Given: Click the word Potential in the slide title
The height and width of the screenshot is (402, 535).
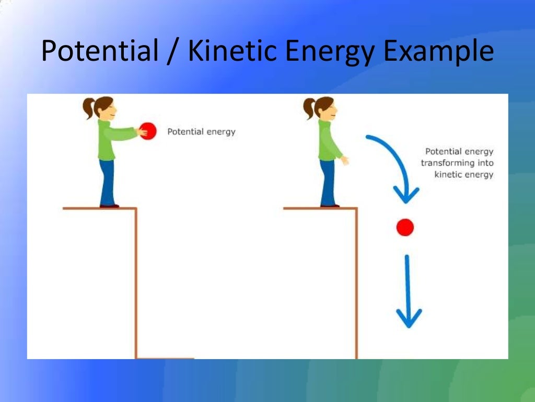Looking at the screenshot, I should pos(100,51).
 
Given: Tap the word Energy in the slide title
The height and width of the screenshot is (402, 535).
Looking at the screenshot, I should pos(335,51).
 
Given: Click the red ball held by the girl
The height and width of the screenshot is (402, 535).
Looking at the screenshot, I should pos(148,131).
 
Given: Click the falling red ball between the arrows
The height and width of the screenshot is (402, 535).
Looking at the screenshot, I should pos(405,227).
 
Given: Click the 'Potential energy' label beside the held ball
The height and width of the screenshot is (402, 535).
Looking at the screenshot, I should pos(201,131).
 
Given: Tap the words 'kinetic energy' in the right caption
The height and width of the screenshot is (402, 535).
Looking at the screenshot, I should pos(463,174).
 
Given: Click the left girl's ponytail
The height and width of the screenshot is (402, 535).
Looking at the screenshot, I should pos(88,108).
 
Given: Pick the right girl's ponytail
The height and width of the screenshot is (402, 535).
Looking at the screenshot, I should pos(309,108).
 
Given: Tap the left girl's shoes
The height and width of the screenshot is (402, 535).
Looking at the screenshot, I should pos(109,206).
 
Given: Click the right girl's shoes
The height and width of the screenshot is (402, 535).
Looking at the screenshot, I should pos(330,206).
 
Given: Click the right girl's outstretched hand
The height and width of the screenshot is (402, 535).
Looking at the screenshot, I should pos(344,160).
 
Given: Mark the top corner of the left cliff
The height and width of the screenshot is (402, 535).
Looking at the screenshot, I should pos(136,209).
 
